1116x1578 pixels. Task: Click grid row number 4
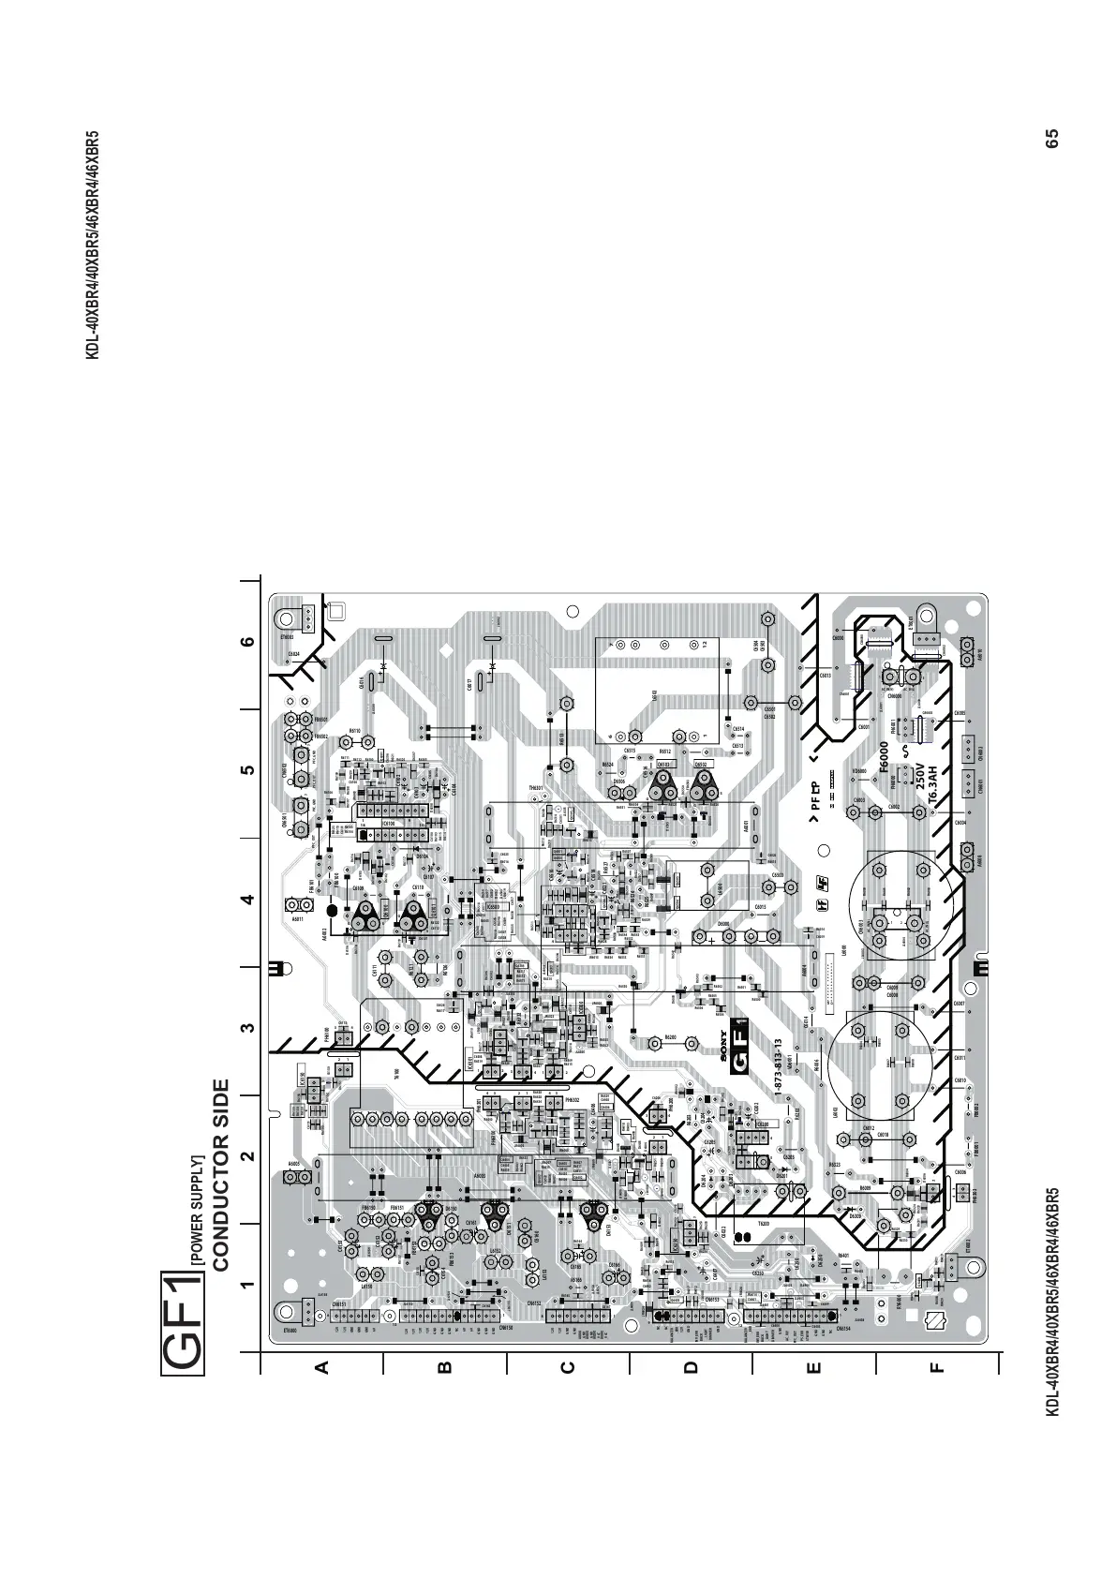(x=246, y=901)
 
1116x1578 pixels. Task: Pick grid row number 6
(x=246, y=643)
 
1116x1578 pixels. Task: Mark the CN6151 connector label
(x=339, y=1304)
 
